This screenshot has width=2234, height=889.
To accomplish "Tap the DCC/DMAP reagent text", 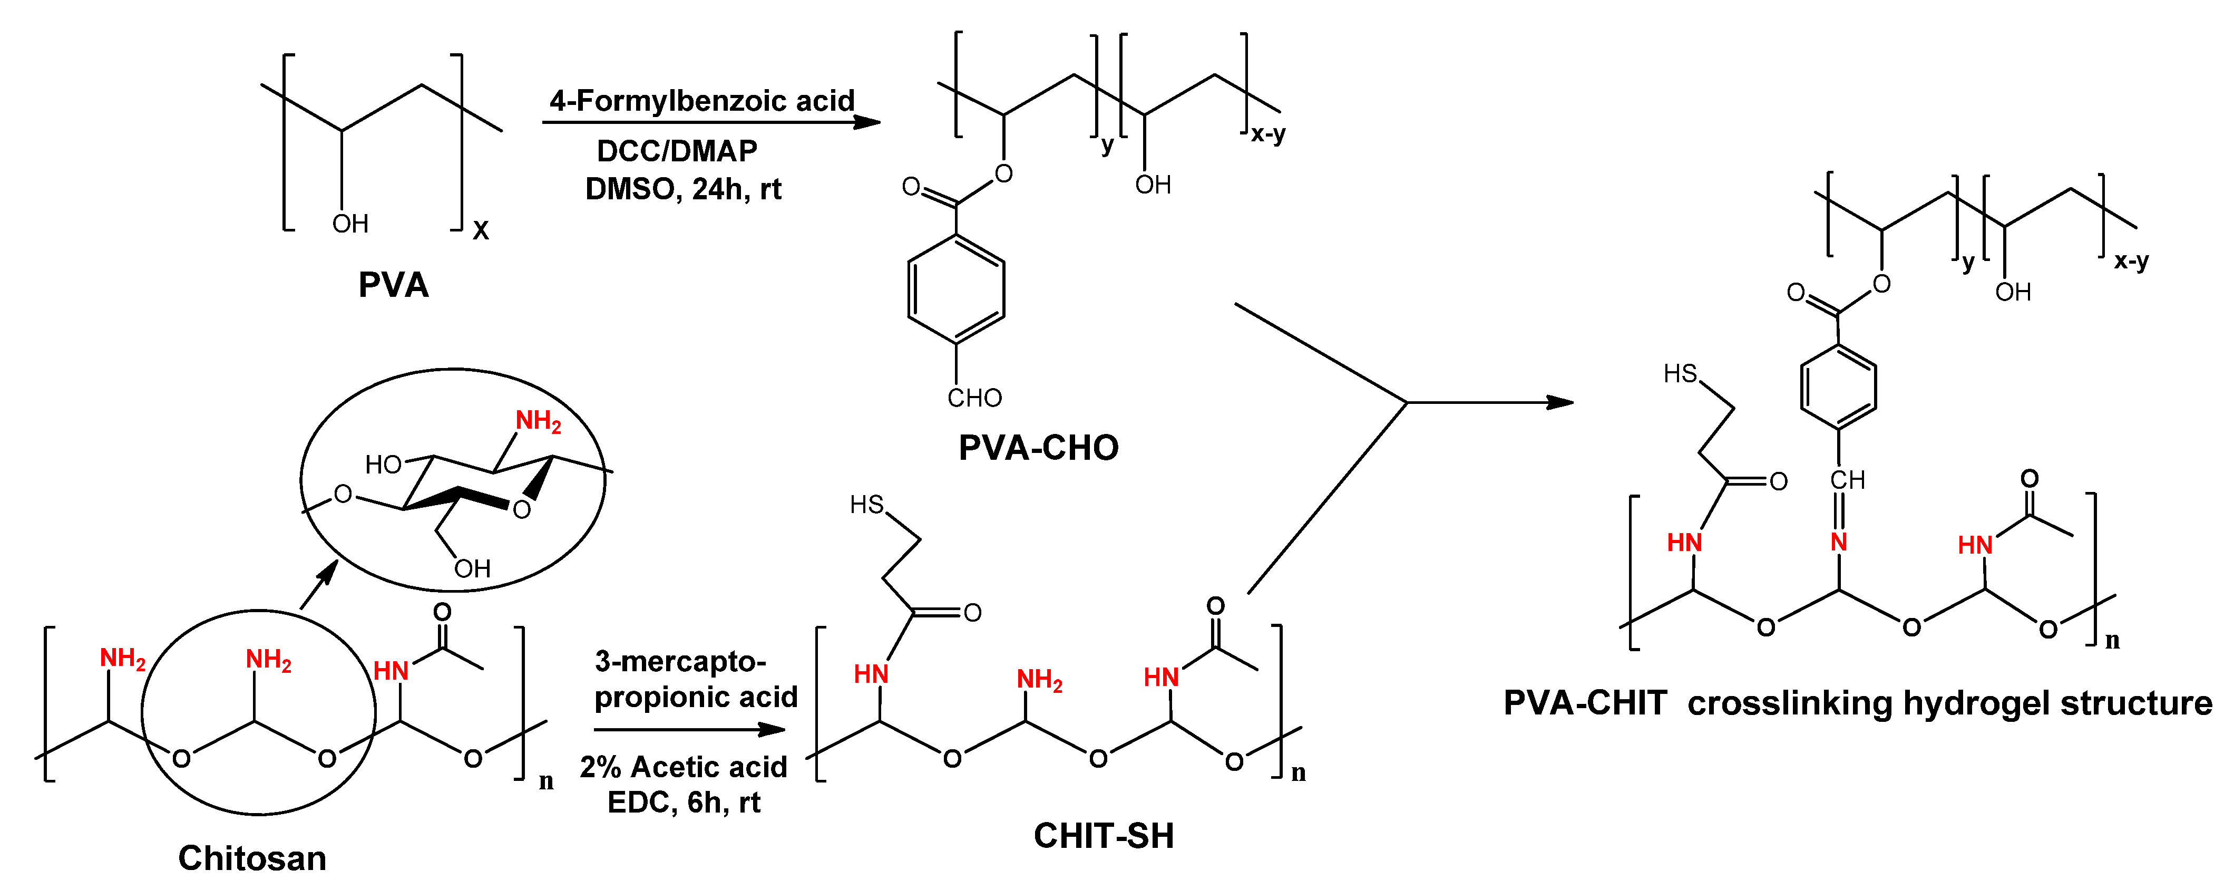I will coord(677,151).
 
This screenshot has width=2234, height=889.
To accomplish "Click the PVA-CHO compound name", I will coord(1038,448).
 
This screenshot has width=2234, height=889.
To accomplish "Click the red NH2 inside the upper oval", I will coord(538,421).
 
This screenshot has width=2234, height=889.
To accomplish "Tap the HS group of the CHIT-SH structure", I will coord(866,505).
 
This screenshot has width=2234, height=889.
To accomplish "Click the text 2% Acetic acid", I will coord(684,767).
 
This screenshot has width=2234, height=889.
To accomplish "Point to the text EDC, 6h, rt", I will coord(684,803).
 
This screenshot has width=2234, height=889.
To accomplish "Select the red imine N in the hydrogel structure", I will coord(1839,542).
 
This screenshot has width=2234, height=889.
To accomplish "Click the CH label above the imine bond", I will coord(1847,480).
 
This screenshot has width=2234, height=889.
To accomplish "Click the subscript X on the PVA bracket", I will coord(481,231).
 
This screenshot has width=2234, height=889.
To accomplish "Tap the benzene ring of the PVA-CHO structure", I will coord(955,289).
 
